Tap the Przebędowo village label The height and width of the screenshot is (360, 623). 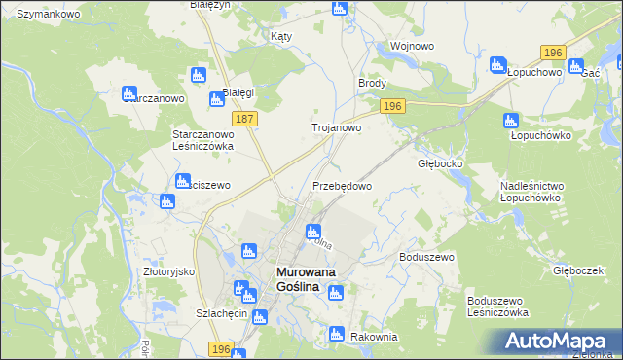point(342,185)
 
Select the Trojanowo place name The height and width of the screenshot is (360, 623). point(336,127)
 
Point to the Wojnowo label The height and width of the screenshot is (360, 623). point(410,46)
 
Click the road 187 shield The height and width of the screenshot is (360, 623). point(245,118)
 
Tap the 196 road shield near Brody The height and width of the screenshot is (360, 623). point(393,106)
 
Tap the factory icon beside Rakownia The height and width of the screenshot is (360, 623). point(336,334)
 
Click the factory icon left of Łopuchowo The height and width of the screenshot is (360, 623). point(498,67)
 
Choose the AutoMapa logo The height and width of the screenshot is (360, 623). point(556,341)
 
